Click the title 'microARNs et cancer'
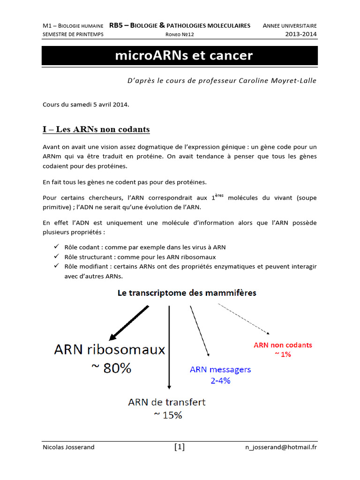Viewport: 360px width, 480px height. (x=184, y=56)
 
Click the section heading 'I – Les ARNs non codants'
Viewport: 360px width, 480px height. (x=96, y=129)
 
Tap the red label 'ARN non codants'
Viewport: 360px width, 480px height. (x=283, y=345)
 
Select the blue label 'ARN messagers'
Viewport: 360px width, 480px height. (x=220, y=369)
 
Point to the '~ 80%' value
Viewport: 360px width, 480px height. (x=111, y=368)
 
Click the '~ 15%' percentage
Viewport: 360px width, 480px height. (x=167, y=415)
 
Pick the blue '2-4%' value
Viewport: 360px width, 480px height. (x=220, y=381)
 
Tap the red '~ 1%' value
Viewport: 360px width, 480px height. (x=282, y=354)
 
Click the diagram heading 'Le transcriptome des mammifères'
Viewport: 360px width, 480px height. (x=187, y=293)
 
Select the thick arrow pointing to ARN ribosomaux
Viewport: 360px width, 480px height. (x=129, y=323)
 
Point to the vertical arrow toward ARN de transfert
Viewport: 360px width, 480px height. (x=169, y=347)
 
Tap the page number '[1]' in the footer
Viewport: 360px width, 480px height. (x=180, y=447)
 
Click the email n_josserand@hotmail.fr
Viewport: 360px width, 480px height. (x=281, y=447)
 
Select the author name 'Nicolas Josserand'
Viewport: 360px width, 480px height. (x=68, y=447)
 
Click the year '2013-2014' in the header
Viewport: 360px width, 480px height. (x=301, y=34)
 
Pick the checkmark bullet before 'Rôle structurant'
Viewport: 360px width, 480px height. (x=56, y=257)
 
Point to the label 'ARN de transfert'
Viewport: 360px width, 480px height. (x=166, y=402)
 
